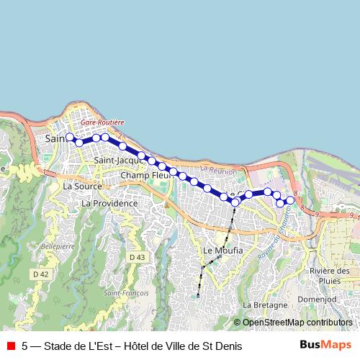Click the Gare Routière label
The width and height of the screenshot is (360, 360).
[x=103, y=123]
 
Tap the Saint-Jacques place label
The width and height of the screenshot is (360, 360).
[x=116, y=160]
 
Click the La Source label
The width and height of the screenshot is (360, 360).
[x=83, y=186]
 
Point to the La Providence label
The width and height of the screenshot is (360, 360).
[x=109, y=204]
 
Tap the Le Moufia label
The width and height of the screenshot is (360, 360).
[x=223, y=251]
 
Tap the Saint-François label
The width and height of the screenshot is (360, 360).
[x=126, y=293]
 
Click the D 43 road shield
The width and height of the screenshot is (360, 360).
[x=138, y=257]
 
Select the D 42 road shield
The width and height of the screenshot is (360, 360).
[x=40, y=274]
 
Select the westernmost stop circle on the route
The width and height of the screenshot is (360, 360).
[x=70, y=137]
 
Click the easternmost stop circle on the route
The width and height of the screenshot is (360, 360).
[x=290, y=200]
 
